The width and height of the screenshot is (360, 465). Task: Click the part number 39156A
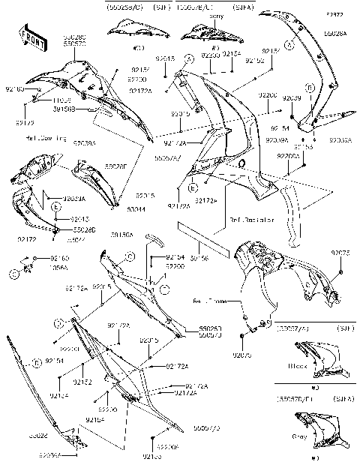pos(122,235)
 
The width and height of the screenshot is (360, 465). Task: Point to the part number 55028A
pos(336,34)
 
